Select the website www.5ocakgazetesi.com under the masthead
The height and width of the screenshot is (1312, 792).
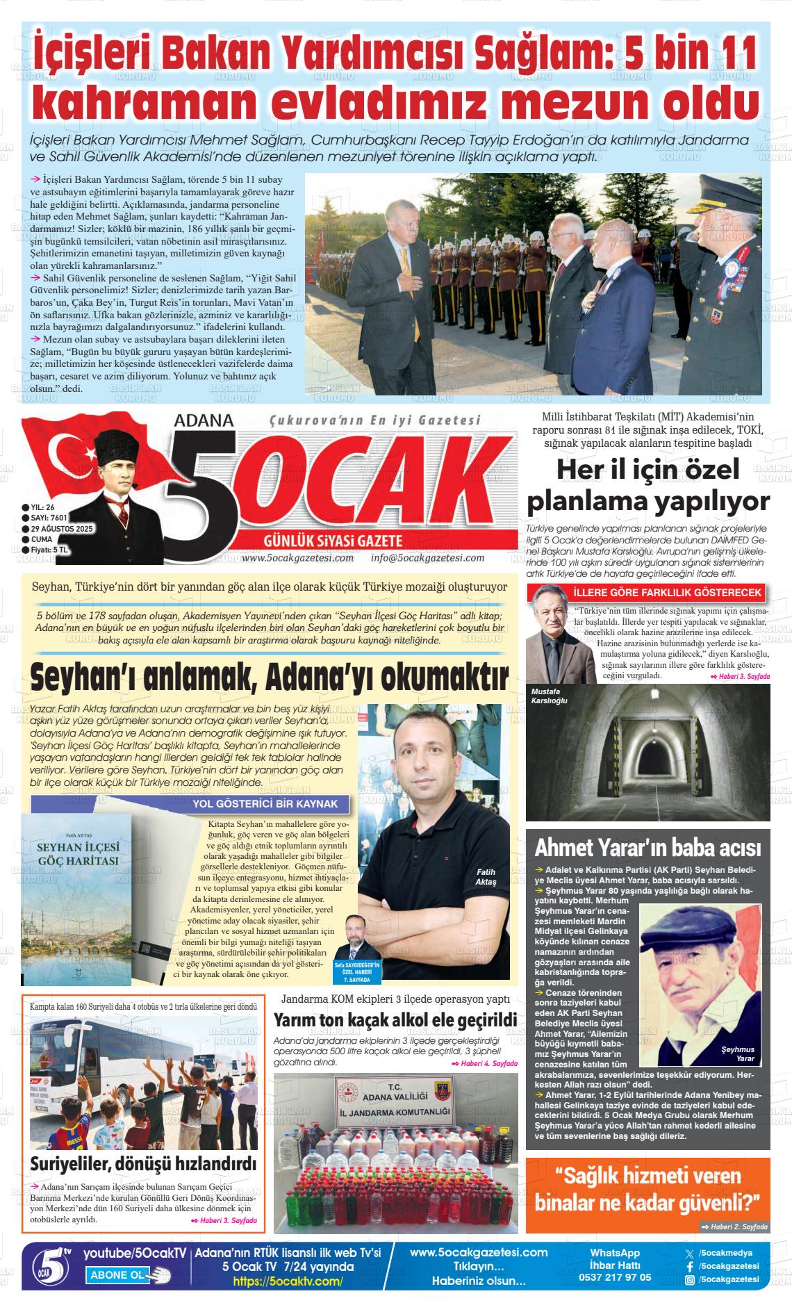click(298, 557)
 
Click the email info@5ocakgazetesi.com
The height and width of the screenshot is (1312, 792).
click(427, 557)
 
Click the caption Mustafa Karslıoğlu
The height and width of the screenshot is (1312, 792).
click(549, 696)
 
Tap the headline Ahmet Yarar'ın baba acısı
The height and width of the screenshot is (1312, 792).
click(647, 848)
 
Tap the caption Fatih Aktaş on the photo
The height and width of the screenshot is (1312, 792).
click(486, 877)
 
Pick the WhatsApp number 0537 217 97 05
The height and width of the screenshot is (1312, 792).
click(615, 1277)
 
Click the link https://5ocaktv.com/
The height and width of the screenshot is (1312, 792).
click(288, 1281)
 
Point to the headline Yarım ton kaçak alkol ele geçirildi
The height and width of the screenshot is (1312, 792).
click(395, 1019)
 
